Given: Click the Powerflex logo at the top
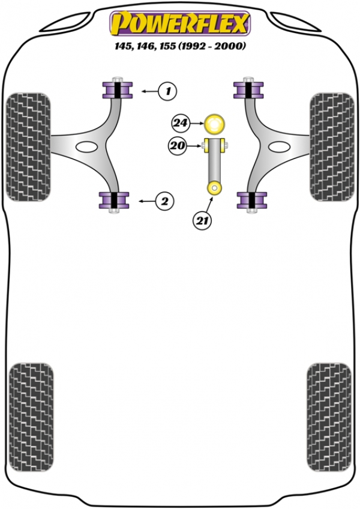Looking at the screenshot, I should pos(179,24).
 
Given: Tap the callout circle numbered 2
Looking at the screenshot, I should pos(164,201).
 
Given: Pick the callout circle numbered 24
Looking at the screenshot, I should pos(179,124).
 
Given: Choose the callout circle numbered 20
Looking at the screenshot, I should pos(178,145).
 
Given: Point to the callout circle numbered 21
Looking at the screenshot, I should pos(202,221).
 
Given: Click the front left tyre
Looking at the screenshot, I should pos(27,146).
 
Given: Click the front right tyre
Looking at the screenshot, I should pos(332,146).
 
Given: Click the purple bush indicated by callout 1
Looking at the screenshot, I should pos(116,91).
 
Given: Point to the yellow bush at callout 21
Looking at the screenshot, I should pos(214,188).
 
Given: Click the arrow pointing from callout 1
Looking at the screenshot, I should pos(149,91).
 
